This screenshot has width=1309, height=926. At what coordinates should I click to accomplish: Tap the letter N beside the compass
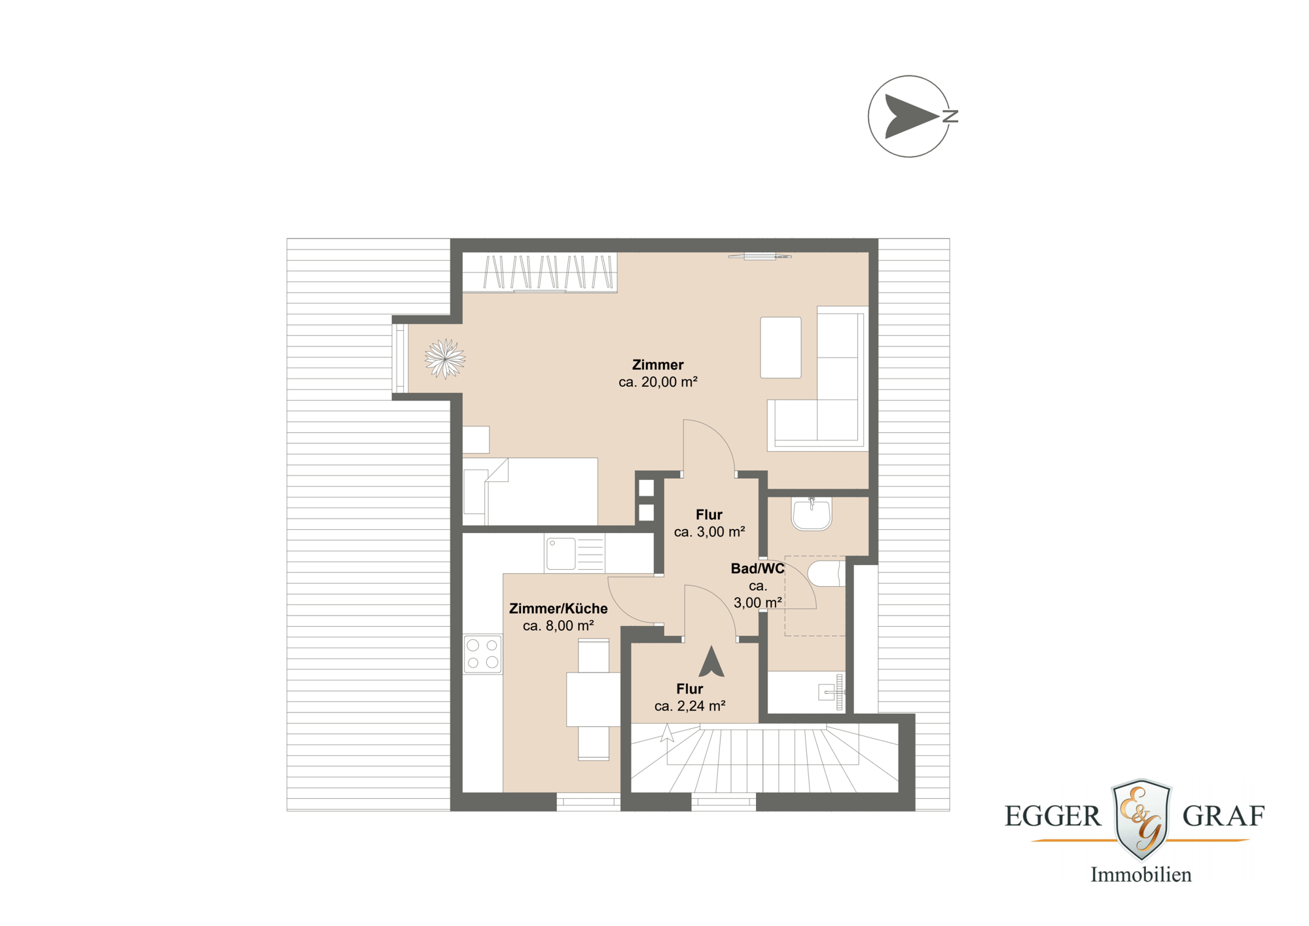[950, 117]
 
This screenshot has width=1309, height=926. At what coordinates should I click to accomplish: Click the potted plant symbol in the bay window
[444, 358]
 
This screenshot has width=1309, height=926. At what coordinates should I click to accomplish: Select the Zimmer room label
[657, 365]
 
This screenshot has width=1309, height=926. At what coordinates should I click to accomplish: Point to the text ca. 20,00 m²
[657, 382]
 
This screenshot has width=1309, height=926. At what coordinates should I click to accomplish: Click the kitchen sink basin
[560, 554]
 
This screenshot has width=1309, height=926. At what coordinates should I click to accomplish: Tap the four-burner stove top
[482, 654]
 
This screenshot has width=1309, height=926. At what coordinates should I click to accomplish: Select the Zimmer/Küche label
[558, 608]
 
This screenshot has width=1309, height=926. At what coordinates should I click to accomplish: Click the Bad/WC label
[757, 568]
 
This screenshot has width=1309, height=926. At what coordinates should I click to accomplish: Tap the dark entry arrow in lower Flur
[711, 662]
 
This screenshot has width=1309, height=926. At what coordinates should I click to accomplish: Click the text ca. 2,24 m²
[689, 706]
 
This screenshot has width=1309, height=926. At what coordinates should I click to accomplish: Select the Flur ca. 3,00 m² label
[709, 523]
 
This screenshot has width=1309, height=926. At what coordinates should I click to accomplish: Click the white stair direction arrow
[667, 733]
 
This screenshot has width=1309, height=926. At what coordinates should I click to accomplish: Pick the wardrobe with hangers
[539, 272]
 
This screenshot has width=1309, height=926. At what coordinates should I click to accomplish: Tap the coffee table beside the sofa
[780, 347]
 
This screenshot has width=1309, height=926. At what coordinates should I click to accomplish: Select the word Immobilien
[1140, 875]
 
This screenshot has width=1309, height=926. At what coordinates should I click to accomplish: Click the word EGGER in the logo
[1052, 817]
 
